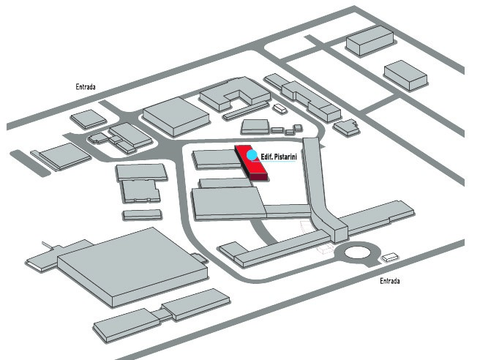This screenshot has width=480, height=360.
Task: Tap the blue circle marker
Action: tap(252, 155)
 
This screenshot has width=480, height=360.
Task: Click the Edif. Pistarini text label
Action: tap(280, 157)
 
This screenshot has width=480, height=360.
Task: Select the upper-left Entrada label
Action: tap(86, 87)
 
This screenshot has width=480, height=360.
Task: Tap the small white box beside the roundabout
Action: tap(391, 257)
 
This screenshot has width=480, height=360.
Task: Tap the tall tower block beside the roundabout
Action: tap(337, 230)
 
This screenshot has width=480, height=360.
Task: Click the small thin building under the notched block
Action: tap(142, 214)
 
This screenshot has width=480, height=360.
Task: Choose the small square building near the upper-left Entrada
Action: tap(88, 118)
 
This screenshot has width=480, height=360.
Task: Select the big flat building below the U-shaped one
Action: tap(173, 117)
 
